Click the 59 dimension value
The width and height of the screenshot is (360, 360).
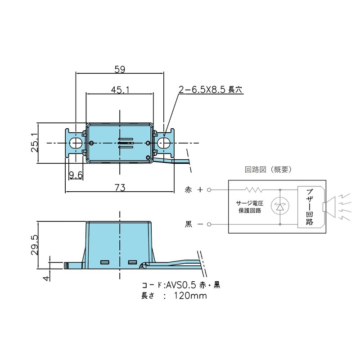[120, 69]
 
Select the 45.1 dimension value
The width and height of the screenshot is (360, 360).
[120, 90]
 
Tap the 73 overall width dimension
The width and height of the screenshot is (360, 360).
[120, 187]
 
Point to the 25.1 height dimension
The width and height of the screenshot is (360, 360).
[34, 143]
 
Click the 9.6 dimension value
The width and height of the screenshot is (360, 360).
[76, 175]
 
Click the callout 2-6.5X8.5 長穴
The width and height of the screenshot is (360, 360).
[210, 90]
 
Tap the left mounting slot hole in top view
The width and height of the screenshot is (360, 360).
[76, 143]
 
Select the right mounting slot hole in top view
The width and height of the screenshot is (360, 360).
[164, 143]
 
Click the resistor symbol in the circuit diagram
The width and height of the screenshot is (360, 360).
[252, 189]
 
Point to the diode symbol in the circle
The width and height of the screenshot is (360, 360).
[280, 207]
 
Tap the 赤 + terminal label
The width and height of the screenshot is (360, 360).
[194, 190]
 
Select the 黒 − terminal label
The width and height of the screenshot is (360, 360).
[194, 224]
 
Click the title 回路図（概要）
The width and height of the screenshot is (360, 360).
[268, 170]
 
